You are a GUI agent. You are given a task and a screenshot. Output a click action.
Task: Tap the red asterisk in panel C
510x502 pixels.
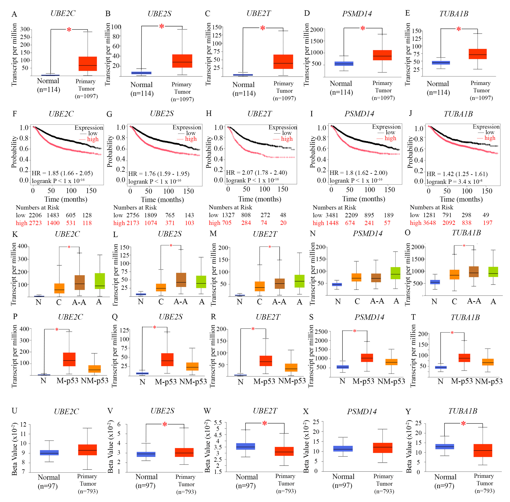[262, 28]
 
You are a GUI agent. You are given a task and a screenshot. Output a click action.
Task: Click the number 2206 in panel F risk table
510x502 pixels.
[35, 215]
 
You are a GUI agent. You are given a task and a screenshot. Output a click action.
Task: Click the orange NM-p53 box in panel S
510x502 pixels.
[391, 362]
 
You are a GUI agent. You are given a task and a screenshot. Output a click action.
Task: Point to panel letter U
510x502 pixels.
[14, 411]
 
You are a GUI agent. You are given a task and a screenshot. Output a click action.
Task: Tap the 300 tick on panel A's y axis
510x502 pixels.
[25, 29]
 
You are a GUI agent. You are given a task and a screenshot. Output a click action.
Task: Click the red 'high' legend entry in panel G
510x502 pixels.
[191, 139]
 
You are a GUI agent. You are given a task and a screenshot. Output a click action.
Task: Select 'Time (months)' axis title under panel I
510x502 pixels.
[364, 199]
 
